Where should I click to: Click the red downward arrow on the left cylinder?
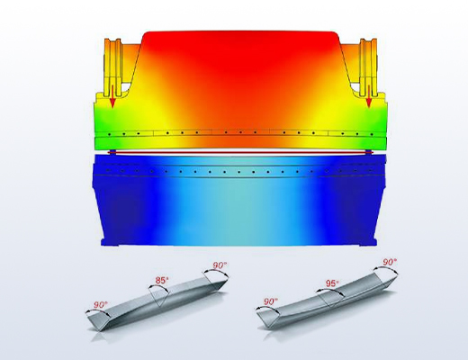[112, 95]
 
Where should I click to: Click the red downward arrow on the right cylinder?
[369, 95]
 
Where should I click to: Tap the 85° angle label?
[162, 281]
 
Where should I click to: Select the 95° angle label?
[332, 283]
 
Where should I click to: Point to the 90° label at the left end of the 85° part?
[101, 305]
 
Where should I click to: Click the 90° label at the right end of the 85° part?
[220, 265]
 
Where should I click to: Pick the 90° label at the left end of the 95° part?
[271, 301]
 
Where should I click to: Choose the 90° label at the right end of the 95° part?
[390, 262]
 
